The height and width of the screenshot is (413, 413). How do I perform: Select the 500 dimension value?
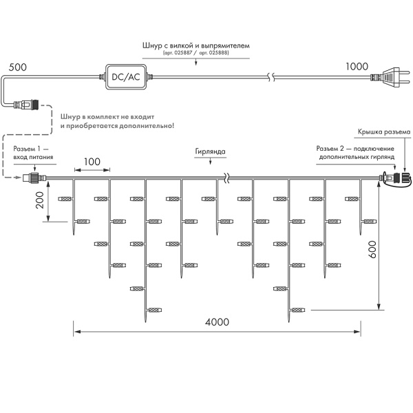coord(18,68)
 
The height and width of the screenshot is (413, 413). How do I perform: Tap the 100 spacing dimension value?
coord(92,162)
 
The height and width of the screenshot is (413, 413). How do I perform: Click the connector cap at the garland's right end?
coord(404,179)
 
